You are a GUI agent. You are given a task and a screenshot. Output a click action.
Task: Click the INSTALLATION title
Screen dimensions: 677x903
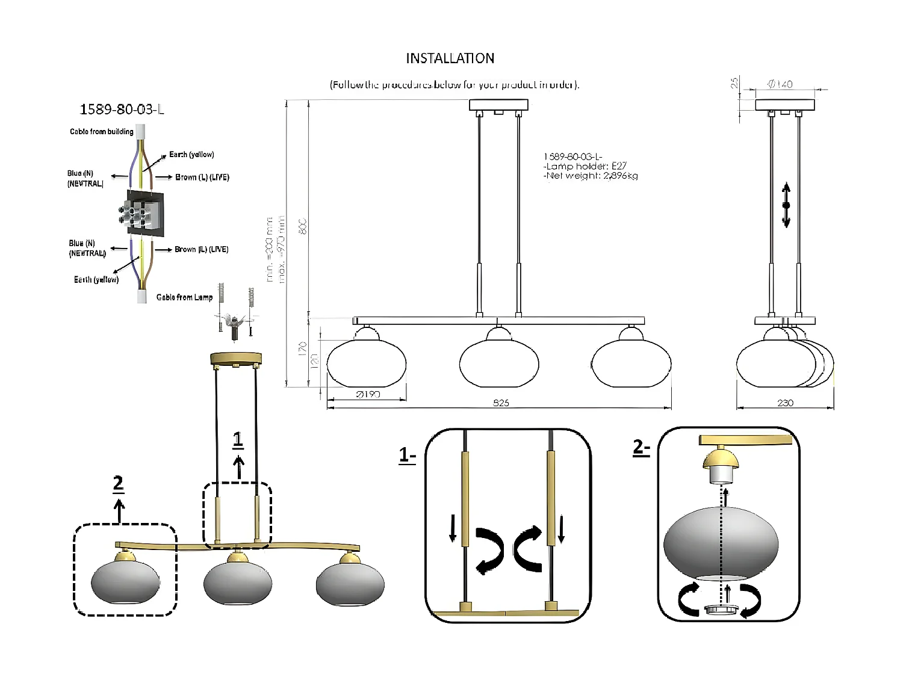tap(450, 58)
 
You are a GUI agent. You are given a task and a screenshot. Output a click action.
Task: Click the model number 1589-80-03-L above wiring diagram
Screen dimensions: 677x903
tap(122, 110)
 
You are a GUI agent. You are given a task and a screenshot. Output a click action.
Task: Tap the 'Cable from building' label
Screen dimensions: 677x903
tap(101, 132)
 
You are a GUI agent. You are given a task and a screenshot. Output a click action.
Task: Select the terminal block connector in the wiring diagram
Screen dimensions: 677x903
tap(144, 213)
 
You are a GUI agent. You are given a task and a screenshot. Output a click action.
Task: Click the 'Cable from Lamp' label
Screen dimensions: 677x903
tap(184, 297)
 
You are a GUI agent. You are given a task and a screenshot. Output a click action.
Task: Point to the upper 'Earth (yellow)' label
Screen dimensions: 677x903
tap(191, 155)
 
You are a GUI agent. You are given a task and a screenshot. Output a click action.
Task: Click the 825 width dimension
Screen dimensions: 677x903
tap(501, 403)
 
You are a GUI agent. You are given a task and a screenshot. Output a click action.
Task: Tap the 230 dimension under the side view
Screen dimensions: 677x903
tap(785, 403)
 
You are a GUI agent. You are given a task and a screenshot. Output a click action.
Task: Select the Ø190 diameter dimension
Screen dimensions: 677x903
tap(368, 395)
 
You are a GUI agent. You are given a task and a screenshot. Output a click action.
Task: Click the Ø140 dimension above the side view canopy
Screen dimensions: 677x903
tap(780, 84)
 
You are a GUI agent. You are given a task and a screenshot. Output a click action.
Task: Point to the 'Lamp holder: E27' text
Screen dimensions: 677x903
tap(586, 166)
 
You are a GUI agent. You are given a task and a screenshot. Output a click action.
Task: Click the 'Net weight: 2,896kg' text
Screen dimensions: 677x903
tap(591, 176)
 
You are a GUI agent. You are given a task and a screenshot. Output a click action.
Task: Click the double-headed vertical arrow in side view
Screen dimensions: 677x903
tap(786, 205)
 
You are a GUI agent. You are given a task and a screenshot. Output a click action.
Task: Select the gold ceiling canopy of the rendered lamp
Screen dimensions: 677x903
tap(236, 359)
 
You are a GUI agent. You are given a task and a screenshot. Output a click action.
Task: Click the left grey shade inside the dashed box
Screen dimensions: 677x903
tap(125, 581)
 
